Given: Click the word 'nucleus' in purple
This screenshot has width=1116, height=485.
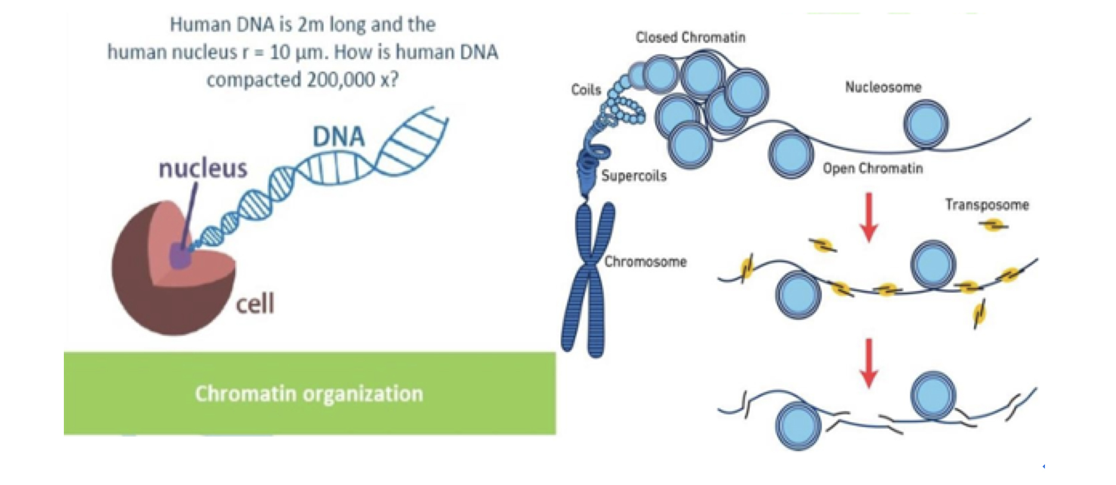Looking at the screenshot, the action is [x=203, y=168].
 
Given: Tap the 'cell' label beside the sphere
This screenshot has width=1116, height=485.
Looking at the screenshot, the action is [x=255, y=304].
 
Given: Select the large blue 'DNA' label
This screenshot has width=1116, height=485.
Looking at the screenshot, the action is [x=338, y=137].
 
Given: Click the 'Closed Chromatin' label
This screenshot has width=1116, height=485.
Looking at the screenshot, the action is [x=690, y=37].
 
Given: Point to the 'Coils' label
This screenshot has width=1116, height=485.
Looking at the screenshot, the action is [x=586, y=89].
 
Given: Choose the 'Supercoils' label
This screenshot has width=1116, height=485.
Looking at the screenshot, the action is [x=634, y=175].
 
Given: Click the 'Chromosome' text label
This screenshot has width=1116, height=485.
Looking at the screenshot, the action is [x=645, y=261].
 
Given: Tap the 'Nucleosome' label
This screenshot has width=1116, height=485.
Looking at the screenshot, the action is [x=883, y=87].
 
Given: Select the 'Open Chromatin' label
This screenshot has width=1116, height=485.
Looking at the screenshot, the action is [x=873, y=168].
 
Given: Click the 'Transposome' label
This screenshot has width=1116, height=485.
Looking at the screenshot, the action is [x=987, y=205].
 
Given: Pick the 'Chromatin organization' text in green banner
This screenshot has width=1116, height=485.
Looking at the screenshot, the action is [x=309, y=394].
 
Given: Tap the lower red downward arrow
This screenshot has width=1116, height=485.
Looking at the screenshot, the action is [x=869, y=363].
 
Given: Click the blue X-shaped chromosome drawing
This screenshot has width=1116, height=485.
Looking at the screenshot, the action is [x=588, y=280].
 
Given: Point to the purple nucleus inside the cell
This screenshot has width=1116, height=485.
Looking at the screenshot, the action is [x=180, y=256].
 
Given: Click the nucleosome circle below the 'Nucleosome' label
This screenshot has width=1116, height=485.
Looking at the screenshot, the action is [x=926, y=124].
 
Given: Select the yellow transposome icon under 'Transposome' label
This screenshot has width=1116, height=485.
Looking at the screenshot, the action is [x=993, y=225].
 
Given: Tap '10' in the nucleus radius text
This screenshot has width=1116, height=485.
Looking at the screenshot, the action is [x=280, y=52].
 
